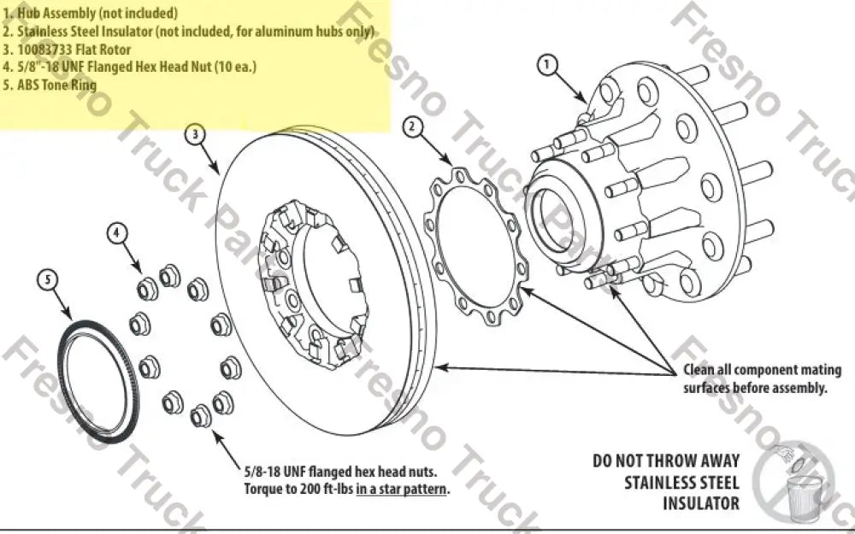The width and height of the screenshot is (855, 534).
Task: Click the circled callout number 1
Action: pos(548,63)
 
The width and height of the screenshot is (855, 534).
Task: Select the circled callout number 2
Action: pos(412,127)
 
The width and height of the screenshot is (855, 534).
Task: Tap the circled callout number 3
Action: pos(197,135)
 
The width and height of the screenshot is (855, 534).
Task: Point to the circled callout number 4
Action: pos(118,232)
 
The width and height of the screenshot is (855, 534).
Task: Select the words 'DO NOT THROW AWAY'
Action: pos(666,461)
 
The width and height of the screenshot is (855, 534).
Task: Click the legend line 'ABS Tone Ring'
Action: pos(56,85)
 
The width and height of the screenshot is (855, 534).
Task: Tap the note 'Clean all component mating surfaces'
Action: pos(762,378)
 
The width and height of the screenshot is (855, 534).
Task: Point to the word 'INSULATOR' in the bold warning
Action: pos(701,503)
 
